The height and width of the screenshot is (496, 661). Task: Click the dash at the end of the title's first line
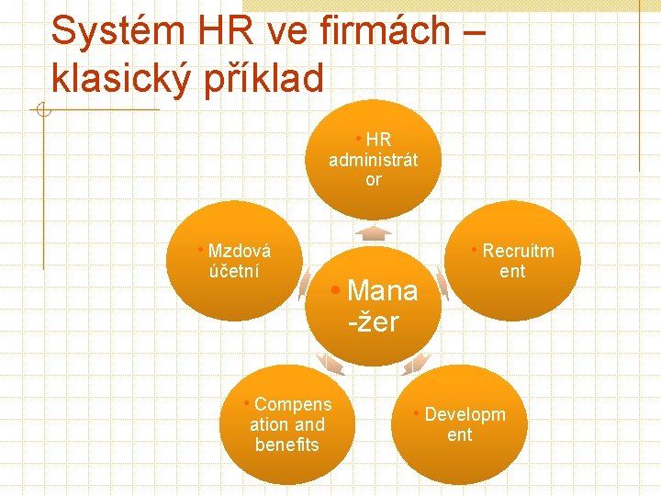coord(470,32)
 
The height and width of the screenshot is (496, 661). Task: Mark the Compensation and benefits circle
coord(286,424)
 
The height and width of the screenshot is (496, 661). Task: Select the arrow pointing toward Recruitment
coord(443,283)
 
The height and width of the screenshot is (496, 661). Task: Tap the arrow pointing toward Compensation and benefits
coord(330,364)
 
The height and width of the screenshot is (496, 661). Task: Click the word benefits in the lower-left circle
coord(286,445)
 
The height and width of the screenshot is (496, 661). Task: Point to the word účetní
coord(234,271)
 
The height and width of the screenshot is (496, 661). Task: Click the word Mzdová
coord(240,251)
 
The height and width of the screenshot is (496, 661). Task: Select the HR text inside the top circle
coord(378,140)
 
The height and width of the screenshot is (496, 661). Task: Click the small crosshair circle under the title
coord(40,112)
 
